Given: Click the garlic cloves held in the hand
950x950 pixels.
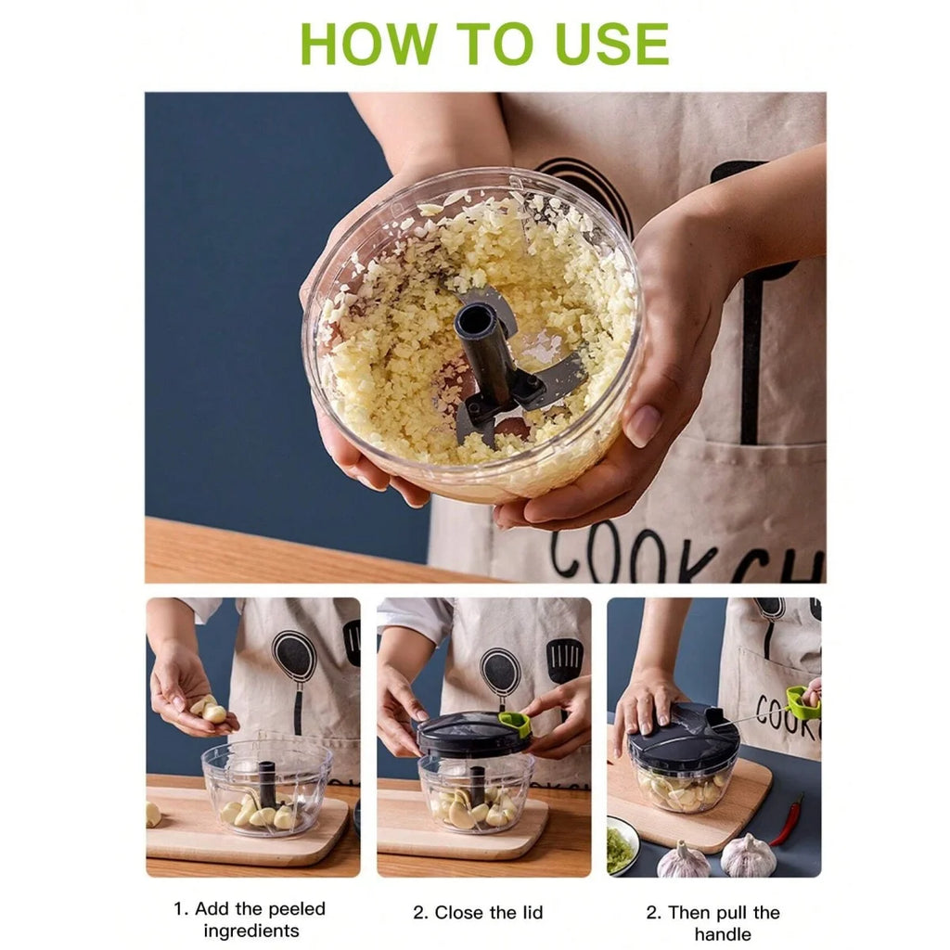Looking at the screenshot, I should pos(210,711).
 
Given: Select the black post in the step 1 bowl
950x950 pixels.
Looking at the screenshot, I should pos(267,784).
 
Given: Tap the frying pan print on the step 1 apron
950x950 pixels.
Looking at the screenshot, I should pos(294,659).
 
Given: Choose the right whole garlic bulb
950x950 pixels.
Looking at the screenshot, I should pos(748,855).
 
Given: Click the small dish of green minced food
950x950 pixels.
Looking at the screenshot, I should pos(621,847).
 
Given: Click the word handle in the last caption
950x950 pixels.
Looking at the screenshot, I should pos(722,934).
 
